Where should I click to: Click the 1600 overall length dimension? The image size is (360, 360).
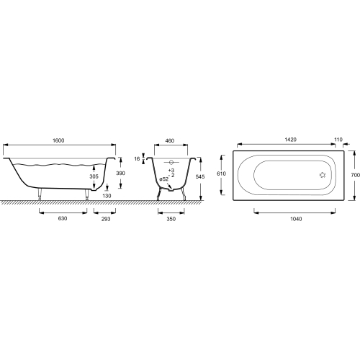click(x=58, y=140)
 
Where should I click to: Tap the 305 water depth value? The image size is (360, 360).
click(x=94, y=176)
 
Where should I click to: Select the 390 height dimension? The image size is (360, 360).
click(x=120, y=173)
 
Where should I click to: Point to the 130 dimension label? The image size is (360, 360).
click(x=107, y=196)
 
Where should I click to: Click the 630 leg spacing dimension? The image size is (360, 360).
click(x=63, y=219)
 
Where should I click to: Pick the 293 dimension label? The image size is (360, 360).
click(x=106, y=219)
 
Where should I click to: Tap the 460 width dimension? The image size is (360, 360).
click(x=170, y=141)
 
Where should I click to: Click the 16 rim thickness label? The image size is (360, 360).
click(x=137, y=159)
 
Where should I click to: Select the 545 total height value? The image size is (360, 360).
click(x=200, y=177)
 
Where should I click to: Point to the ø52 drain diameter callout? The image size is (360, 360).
click(x=164, y=179)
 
